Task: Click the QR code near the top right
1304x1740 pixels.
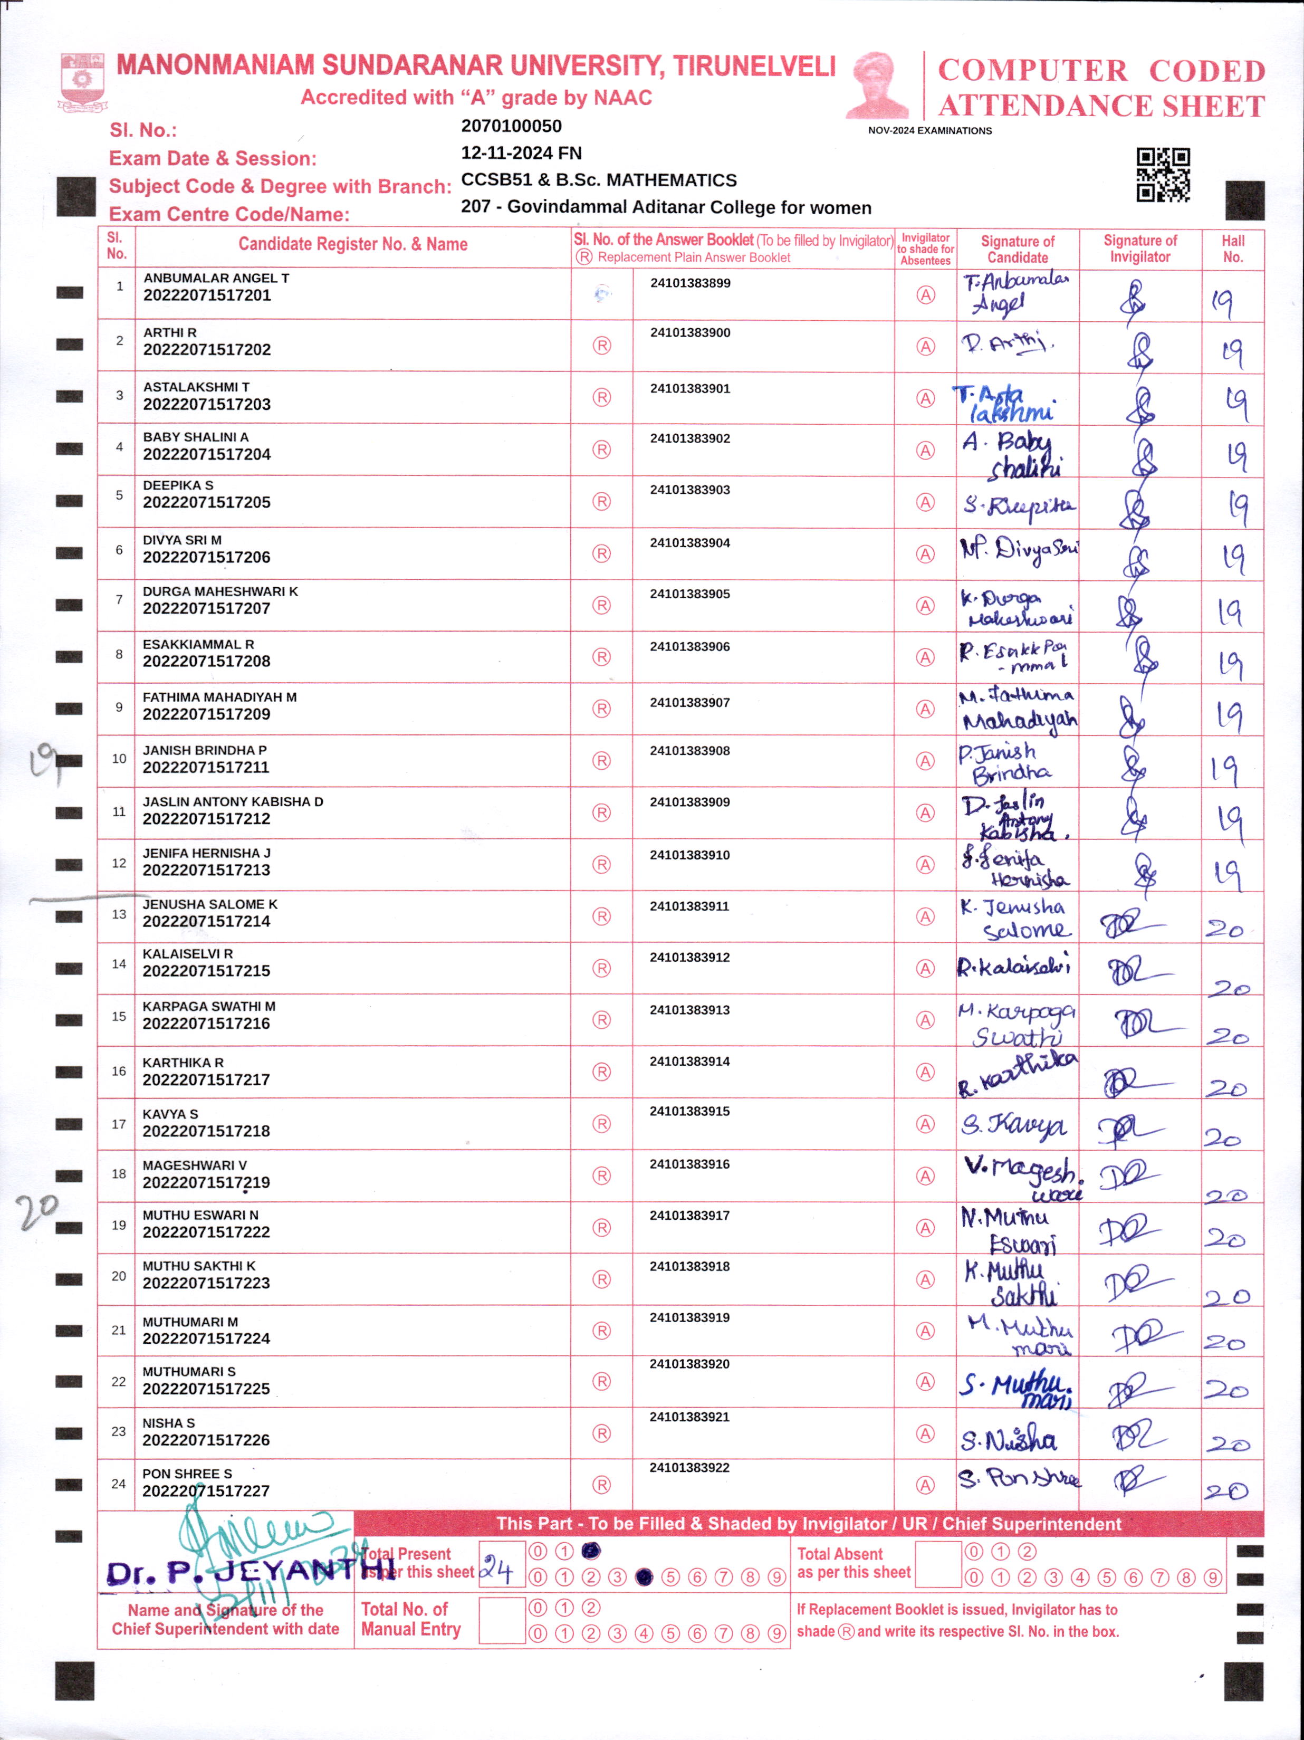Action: click(x=1163, y=175)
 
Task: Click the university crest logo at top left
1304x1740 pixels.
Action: click(x=83, y=82)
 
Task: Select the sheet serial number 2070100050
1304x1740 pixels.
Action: click(x=511, y=126)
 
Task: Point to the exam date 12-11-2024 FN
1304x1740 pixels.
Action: click(x=521, y=152)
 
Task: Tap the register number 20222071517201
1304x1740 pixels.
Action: click(x=207, y=296)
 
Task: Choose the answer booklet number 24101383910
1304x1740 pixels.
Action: click(x=690, y=855)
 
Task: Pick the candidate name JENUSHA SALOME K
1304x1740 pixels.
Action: click(x=210, y=905)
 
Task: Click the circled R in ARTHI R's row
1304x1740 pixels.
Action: click(x=602, y=346)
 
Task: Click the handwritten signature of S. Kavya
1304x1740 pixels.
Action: click(x=1014, y=1126)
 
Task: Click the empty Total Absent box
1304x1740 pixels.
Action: click(x=939, y=1565)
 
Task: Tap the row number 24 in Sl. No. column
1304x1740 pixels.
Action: click(x=118, y=1484)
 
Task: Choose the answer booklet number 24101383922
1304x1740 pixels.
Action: click(x=690, y=1468)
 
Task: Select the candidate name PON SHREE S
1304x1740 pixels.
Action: click(x=187, y=1474)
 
